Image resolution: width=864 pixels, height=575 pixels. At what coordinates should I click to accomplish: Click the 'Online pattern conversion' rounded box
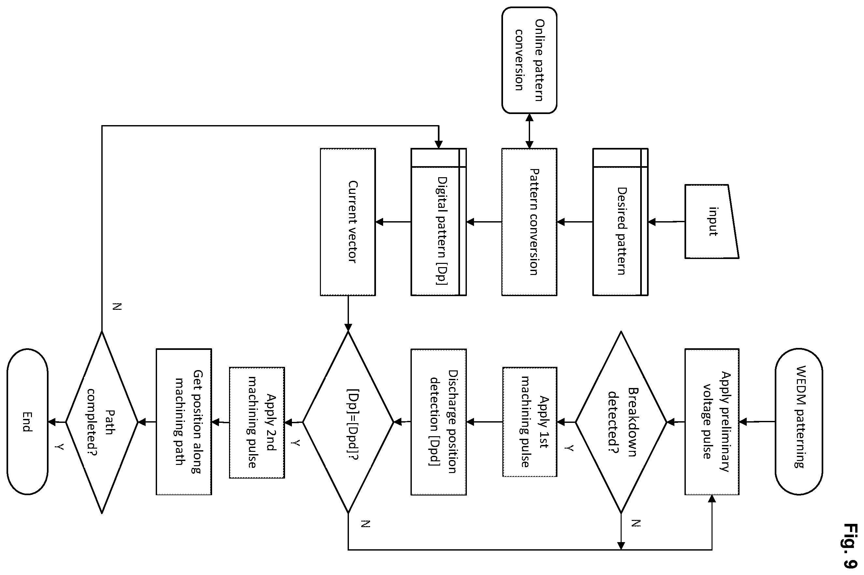point(529,60)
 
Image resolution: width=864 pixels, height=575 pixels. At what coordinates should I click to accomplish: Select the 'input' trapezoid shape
point(712,222)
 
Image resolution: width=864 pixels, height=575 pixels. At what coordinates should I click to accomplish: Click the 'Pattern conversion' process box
point(529,222)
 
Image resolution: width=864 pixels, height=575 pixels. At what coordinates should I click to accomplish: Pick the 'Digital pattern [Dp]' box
point(439,222)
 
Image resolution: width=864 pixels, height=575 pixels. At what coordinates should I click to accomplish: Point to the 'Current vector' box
point(348,222)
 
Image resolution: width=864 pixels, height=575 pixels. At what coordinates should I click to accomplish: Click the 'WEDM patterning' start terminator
point(799,422)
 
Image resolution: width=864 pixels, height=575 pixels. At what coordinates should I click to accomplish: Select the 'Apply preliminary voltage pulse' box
point(712,422)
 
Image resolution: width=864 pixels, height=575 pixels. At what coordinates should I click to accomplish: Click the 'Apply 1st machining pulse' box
point(529,422)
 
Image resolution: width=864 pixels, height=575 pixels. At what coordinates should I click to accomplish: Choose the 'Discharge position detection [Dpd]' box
point(439,422)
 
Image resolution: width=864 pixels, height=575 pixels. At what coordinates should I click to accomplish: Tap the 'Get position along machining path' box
point(184,422)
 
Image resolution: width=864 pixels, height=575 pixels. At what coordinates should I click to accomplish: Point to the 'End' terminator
point(27,422)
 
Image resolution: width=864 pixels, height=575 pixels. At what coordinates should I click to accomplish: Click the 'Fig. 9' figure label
point(850,546)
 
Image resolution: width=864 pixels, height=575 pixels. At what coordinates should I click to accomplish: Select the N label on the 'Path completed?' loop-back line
point(117,307)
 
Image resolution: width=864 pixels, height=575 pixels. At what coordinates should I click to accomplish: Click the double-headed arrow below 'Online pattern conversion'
point(529,131)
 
